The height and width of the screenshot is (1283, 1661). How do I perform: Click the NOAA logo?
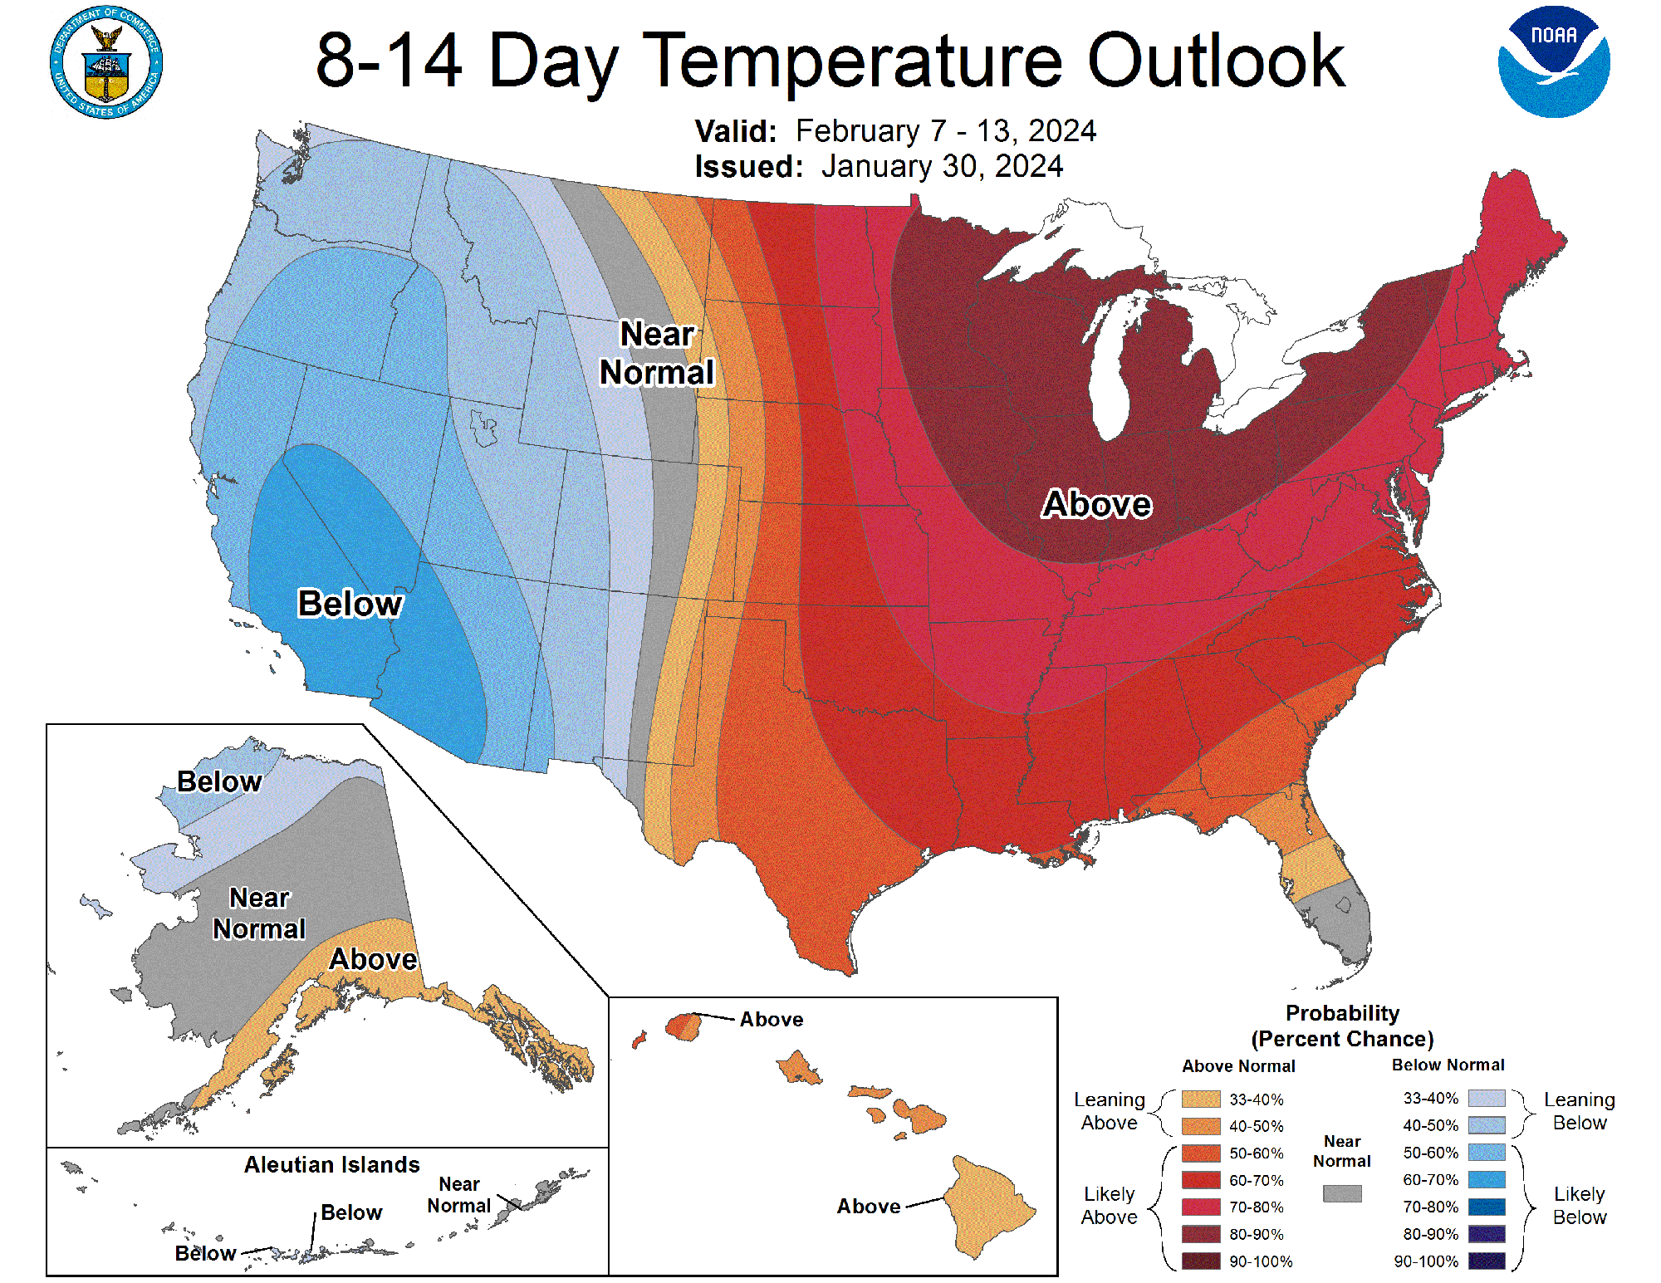pos(1553,62)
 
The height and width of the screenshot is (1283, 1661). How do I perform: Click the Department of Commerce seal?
pos(106,63)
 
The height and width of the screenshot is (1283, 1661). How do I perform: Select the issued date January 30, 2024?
pos(942,166)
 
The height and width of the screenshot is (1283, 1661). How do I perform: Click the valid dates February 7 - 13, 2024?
pos(945,131)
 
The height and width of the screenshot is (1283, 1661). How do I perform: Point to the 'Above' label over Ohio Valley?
pos(1096,504)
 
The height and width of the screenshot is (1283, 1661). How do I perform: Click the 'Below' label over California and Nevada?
pos(350,604)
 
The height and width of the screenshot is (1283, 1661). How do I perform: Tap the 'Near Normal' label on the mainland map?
pos(656,354)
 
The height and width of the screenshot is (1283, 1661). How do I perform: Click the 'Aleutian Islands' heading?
pos(331,1164)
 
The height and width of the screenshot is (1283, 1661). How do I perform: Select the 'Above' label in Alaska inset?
pos(373,959)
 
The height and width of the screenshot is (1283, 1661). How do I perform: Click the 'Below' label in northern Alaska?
pos(219,781)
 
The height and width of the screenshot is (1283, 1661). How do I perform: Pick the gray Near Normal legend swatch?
pos(1341,1193)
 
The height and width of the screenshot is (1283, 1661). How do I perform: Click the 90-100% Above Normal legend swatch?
pos(1201,1261)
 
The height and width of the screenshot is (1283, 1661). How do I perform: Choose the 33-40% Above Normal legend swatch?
pos(1201,1099)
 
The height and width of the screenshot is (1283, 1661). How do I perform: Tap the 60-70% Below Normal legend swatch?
pos(1486,1179)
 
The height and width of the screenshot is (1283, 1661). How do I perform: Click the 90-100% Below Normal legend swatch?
pos(1486,1261)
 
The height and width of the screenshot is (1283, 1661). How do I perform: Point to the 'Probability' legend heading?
pos(1342,1013)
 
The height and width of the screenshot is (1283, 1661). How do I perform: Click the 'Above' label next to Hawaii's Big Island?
pos(868,1206)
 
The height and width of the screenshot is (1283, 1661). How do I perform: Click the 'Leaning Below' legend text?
pos(1579,1111)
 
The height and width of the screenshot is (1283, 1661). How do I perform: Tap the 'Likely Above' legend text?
pos(1109,1205)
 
